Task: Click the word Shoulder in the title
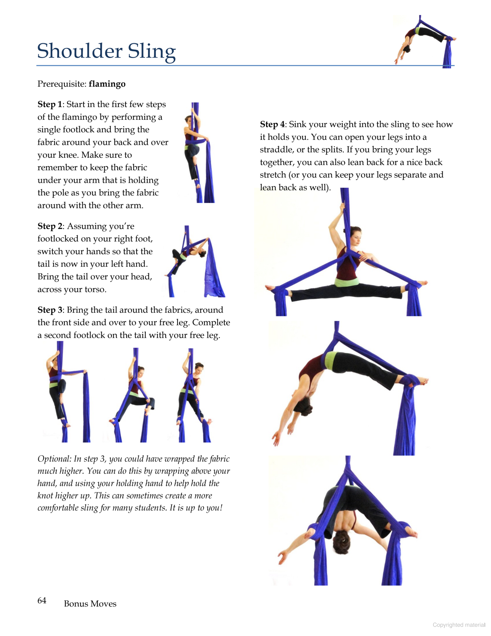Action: (x=80, y=51)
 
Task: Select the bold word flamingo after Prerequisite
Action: (x=107, y=84)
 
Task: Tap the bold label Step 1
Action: (x=49, y=104)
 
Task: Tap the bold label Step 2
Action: (x=50, y=226)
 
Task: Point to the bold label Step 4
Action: (x=272, y=124)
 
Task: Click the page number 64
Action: (x=42, y=600)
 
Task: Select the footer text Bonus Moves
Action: (x=90, y=604)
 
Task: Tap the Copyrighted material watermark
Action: (x=459, y=625)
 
